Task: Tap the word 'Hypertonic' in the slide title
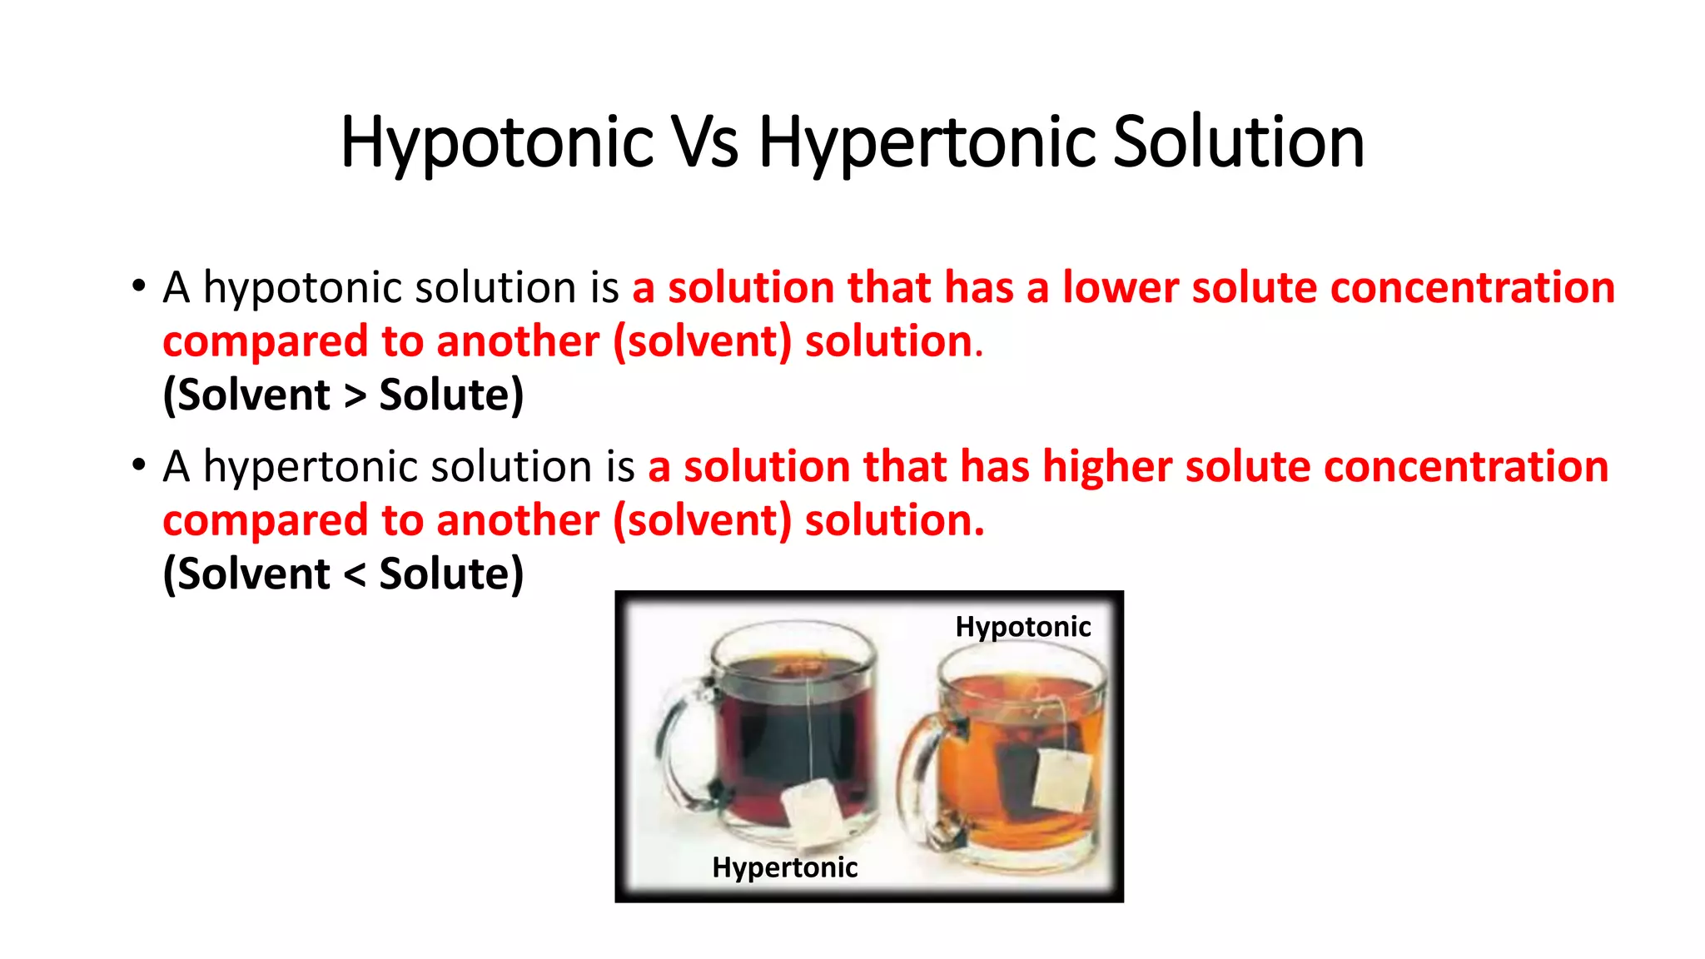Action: coord(927,142)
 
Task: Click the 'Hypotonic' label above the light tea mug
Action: coord(1022,627)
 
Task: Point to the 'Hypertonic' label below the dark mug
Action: coord(784,867)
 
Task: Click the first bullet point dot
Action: coord(138,286)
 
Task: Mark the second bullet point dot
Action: coord(138,465)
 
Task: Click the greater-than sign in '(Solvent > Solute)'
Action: coord(355,396)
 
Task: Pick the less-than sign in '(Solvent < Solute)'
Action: coord(355,575)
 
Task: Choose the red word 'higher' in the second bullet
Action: coord(1107,467)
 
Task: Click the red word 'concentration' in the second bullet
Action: coord(1465,467)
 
